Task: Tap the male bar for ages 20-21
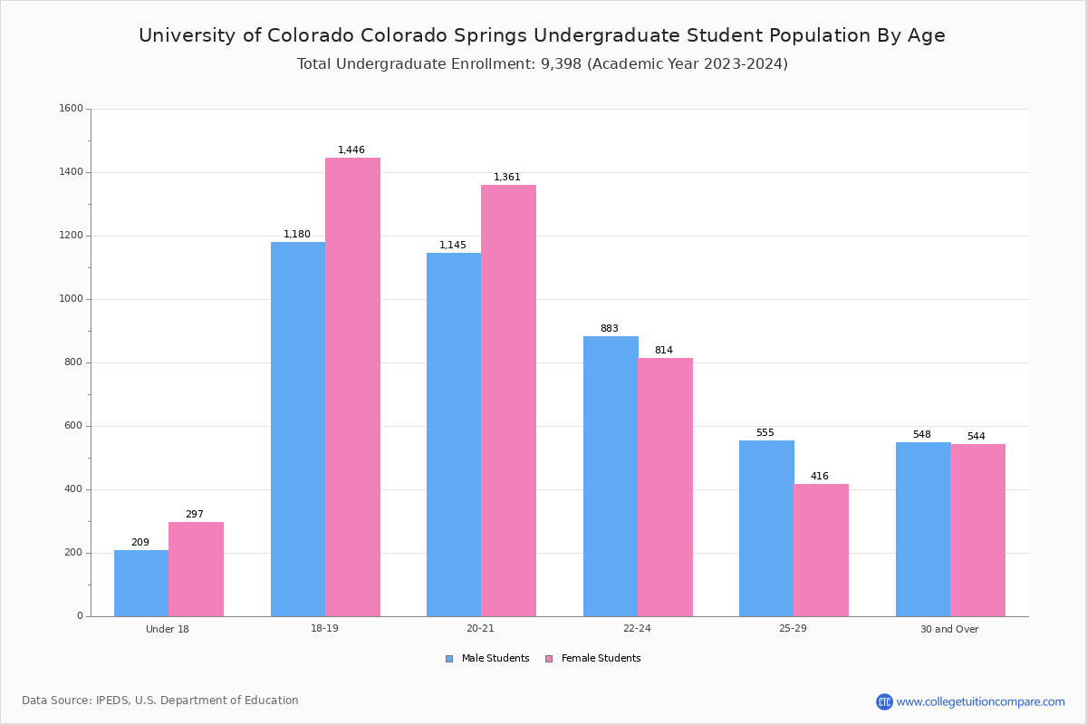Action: [x=454, y=434]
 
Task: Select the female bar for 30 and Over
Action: [x=977, y=530]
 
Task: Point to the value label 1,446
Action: [x=351, y=150]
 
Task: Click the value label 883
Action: [x=609, y=329]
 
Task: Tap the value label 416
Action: [x=819, y=477]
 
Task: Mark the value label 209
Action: [x=140, y=543]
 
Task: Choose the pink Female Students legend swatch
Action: [x=549, y=659]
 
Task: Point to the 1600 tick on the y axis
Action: [x=72, y=109]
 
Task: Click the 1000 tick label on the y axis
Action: [x=72, y=299]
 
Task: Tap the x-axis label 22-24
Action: [x=637, y=629]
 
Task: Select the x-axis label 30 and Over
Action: [x=949, y=629]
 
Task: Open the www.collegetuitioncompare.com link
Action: [x=980, y=701]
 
